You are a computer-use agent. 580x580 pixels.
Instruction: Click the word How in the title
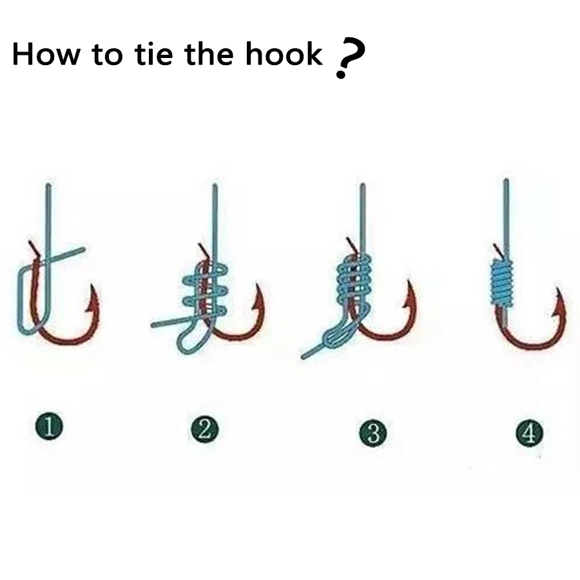(x=46, y=53)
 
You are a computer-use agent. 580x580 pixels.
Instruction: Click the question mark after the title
(x=349, y=57)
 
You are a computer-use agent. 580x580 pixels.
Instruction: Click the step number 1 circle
(x=49, y=427)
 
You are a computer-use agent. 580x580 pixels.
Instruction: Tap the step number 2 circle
(x=204, y=429)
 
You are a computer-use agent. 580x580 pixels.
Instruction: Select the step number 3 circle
(x=373, y=433)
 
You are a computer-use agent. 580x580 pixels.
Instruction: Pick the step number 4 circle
(x=529, y=433)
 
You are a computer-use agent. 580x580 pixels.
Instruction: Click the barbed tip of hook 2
(x=258, y=286)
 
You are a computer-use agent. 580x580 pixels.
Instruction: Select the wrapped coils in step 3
(x=354, y=278)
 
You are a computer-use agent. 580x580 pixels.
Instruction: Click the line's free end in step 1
(x=83, y=250)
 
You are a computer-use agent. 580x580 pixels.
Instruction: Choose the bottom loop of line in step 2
(x=187, y=342)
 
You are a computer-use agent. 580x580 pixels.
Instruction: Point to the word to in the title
(x=107, y=54)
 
